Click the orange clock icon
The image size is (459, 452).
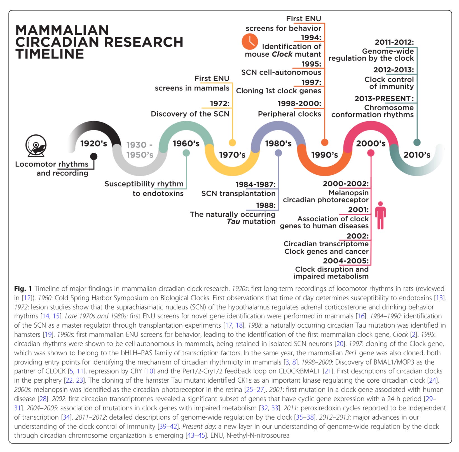(250, 42)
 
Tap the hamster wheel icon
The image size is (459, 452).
(36, 146)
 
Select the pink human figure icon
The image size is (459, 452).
(380, 215)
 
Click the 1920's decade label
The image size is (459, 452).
(93, 144)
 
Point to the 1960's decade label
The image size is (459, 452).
(186, 144)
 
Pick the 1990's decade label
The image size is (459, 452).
(324, 155)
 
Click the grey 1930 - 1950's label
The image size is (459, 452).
(140, 150)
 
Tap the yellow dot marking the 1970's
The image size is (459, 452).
(232, 143)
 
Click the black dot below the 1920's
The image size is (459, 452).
(94, 157)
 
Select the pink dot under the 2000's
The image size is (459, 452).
(371, 153)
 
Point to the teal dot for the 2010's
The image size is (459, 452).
(417, 142)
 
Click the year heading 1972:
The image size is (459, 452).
(220, 104)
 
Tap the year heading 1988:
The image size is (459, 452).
(266, 205)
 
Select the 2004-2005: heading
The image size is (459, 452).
(346, 261)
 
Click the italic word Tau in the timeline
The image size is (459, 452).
(233, 221)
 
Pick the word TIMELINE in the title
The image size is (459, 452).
(50, 54)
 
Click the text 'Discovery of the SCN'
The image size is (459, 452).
(190, 114)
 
